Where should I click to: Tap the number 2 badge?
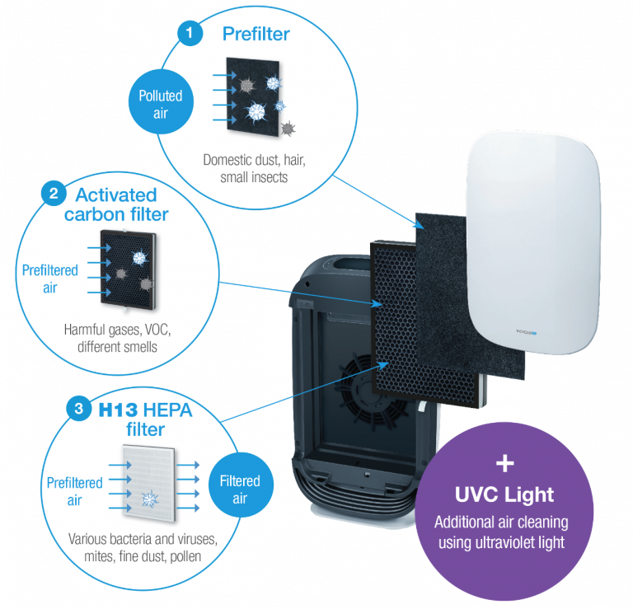point(53,194)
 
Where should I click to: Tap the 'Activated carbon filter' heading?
point(115,204)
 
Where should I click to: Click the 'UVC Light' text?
point(504,495)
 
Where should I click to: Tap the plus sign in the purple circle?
point(504,460)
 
